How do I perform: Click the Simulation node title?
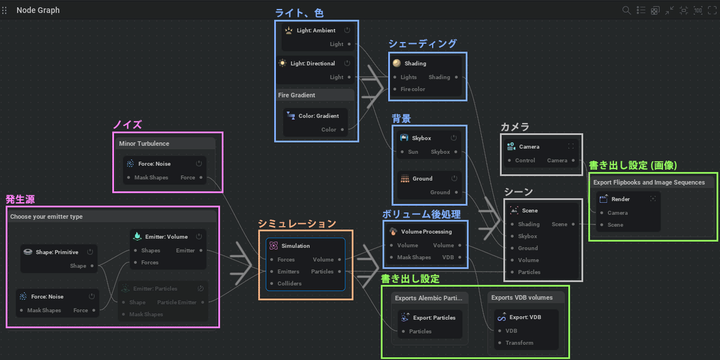[295, 246]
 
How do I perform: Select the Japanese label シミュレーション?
[297, 224]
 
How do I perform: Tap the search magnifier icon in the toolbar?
[626, 10]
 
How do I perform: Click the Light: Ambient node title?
[316, 30]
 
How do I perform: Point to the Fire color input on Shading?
[412, 89]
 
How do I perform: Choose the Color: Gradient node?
[318, 116]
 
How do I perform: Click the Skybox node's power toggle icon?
[454, 138]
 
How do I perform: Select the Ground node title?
[422, 179]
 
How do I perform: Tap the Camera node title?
[529, 146]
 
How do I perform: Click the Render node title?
[620, 199]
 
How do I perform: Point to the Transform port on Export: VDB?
[519, 343]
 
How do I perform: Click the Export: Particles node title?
[434, 318]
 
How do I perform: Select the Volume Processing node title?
[426, 232]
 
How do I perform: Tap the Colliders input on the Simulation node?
[289, 284]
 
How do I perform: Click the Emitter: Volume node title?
[166, 237]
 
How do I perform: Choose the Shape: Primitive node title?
[57, 252]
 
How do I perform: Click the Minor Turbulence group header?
[144, 144]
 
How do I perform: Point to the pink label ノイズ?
[127, 125]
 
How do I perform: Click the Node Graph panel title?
[38, 10]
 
